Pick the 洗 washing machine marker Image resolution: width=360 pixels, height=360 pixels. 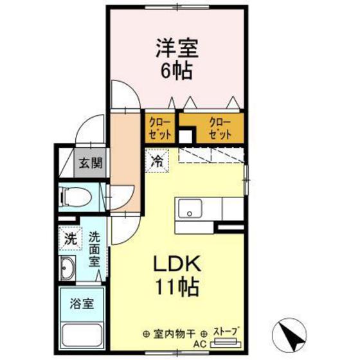(x=69, y=238)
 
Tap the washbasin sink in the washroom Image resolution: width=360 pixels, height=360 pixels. (x=67, y=266)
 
